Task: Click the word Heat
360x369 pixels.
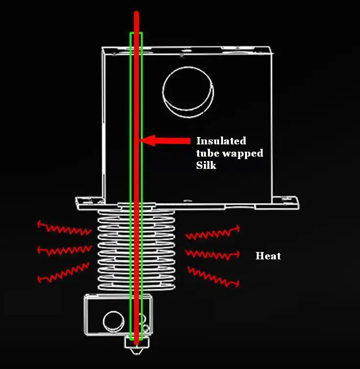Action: point(268,256)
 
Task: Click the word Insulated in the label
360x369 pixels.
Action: point(221,141)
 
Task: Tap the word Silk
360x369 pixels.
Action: point(205,166)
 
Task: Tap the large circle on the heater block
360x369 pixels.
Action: point(114,321)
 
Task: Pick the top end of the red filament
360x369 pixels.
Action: point(136,14)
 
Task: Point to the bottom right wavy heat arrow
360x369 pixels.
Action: point(214,276)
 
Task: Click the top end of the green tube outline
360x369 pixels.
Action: point(136,34)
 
